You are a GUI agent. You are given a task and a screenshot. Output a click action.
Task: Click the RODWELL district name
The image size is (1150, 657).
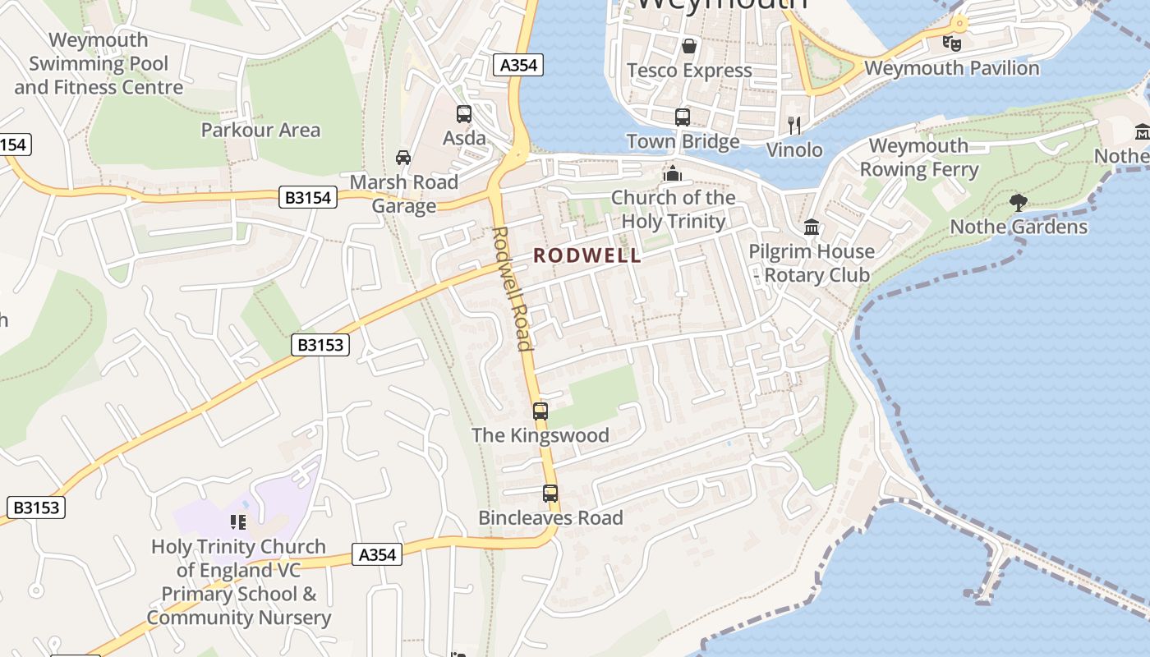(587, 255)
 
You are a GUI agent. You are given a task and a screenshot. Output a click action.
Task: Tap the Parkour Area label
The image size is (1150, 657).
(260, 130)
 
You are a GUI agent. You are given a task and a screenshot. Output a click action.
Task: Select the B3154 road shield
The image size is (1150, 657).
(309, 197)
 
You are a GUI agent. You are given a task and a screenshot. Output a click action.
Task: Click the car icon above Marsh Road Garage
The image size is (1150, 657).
(402, 157)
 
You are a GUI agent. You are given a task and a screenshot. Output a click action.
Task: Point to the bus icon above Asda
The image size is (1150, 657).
(464, 114)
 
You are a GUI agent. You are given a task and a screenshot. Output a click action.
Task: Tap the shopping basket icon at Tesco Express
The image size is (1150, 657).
(688, 45)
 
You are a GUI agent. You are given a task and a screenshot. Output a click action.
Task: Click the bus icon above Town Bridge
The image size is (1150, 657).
(682, 117)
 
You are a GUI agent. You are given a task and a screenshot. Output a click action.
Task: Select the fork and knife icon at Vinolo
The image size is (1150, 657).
(793, 125)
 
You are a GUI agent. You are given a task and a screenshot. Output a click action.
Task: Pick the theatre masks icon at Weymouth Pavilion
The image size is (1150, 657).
(951, 43)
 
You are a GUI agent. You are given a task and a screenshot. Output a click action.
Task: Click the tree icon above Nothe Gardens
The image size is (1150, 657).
(1018, 201)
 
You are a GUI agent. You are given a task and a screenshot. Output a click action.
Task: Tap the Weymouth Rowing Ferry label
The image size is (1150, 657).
(918, 158)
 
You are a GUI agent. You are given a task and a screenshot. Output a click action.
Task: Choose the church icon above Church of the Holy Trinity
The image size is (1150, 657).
(673, 173)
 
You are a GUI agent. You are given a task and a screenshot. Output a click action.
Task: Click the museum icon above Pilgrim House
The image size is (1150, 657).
(812, 227)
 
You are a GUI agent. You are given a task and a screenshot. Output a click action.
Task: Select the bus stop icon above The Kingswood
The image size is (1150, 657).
(540, 411)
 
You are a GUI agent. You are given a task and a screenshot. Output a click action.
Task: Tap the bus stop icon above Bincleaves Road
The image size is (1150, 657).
(550, 494)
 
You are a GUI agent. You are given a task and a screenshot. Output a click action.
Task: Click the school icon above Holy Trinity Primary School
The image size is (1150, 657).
(238, 521)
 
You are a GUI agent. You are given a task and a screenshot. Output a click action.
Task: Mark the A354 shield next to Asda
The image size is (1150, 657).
(519, 66)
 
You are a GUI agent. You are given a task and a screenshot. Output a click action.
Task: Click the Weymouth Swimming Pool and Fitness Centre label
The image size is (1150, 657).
(99, 63)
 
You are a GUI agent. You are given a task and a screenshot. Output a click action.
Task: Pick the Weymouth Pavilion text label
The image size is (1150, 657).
(952, 68)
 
